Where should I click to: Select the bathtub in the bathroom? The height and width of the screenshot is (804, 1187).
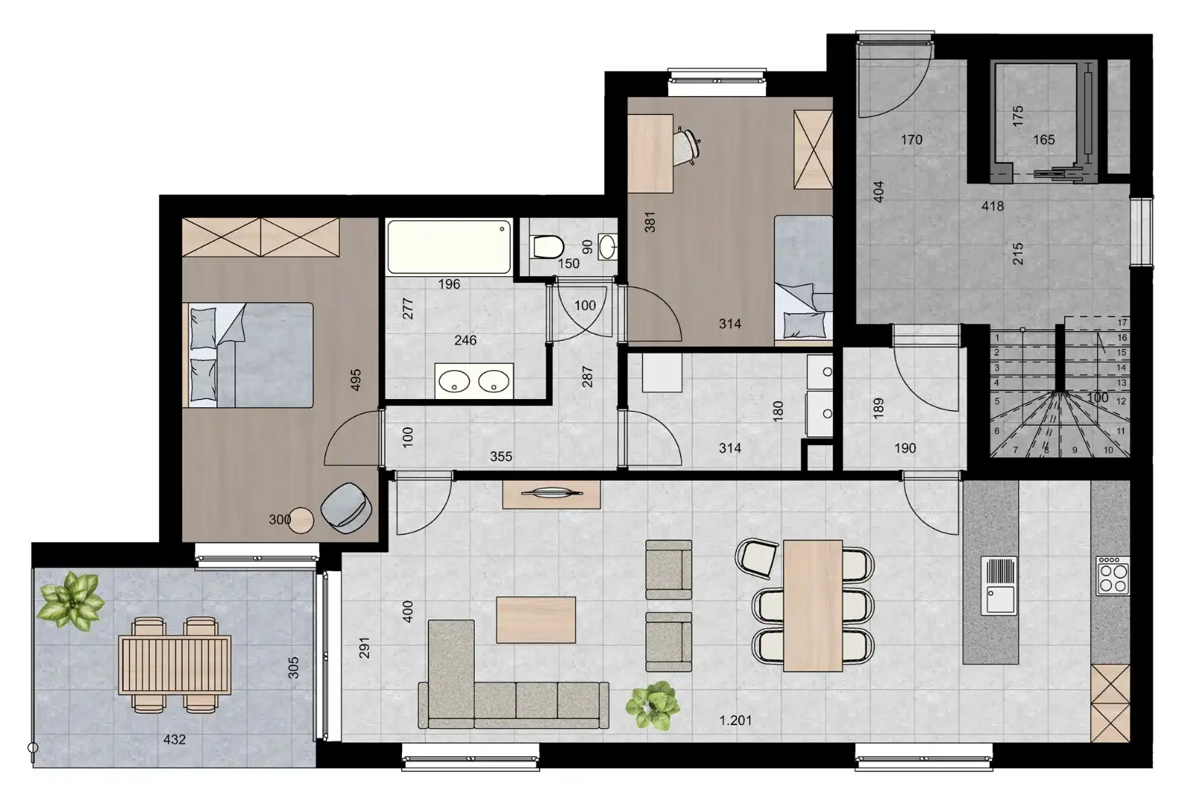(449, 246)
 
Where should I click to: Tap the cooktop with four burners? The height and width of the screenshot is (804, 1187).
(1113, 575)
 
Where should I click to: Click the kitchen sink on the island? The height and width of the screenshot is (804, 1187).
(999, 585)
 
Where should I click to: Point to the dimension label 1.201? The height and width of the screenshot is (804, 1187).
(735, 720)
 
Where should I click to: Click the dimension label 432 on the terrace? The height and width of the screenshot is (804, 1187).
(174, 739)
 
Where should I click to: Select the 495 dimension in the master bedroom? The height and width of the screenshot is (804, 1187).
(356, 380)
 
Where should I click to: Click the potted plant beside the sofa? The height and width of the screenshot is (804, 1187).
(652, 705)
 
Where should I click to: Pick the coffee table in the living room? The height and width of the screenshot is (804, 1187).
(536, 619)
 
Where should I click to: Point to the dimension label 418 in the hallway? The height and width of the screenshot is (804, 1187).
(993, 206)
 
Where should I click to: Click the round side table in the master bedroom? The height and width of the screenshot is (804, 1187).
(301, 520)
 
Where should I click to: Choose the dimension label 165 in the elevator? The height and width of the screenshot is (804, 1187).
(1043, 139)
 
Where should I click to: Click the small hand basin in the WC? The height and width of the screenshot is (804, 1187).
(608, 246)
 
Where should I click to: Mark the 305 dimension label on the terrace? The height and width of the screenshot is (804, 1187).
(294, 667)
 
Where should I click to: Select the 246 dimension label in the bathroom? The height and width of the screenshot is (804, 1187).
(466, 340)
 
